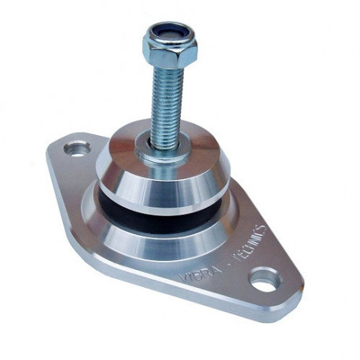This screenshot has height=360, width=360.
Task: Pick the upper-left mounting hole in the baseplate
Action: [x=77, y=147]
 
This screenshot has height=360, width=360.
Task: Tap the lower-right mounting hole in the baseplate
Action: [x=263, y=278]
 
